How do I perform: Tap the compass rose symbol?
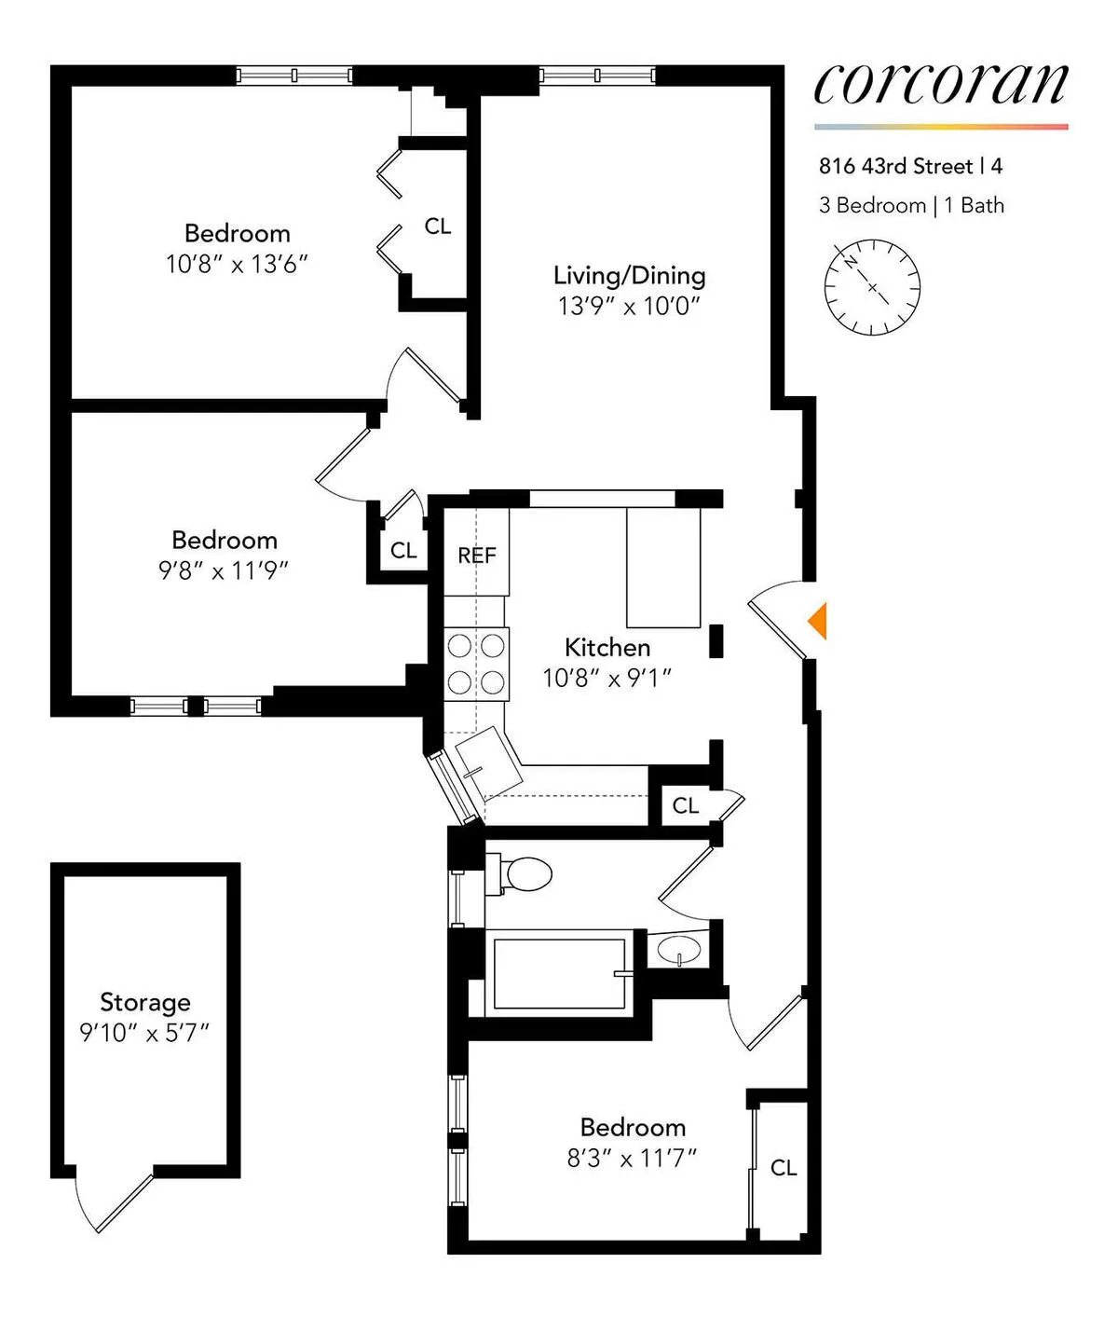coord(872,287)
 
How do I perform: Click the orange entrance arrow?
coord(817,621)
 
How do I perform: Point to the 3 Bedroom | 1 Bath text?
coord(911,206)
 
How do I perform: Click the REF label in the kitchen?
coord(476,556)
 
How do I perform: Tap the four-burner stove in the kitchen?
coord(476,663)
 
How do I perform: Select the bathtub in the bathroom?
coord(558,974)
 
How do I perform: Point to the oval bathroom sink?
coord(678,951)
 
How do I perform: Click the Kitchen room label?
coord(607,647)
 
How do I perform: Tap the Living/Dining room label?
coord(629,275)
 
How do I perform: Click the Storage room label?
coord(145,1002)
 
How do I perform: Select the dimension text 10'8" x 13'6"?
coord(237,264)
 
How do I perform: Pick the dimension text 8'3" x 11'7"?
coord(632,1158)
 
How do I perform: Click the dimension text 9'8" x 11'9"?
coord(224,570)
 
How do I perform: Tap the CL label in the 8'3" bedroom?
coord(784,1168)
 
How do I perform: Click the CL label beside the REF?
coord(403,551)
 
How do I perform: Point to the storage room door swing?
coord(112,1202)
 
